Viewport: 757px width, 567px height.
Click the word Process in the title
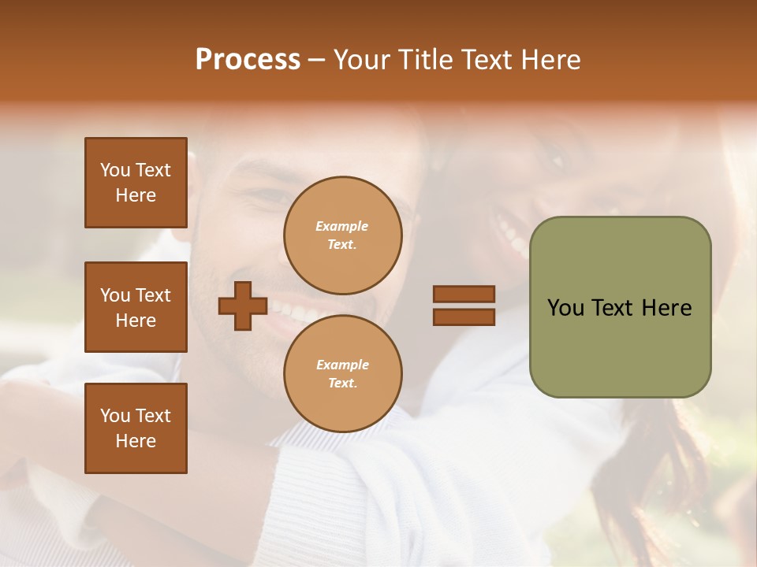point(248,59)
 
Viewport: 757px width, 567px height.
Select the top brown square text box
point(136,183)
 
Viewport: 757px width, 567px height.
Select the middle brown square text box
point(136,307)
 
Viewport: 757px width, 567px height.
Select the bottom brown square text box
point(136,428)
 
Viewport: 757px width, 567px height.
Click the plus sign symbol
point(243,306)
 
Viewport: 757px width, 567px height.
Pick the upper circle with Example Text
point(343,235)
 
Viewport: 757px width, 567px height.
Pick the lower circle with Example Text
point(343,374)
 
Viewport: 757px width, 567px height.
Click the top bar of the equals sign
point(464,294)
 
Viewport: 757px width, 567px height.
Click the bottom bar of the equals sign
point(464,317)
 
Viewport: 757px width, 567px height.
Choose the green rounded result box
point(620,306)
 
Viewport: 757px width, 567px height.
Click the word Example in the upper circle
point(342,226)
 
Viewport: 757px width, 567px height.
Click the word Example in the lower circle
point(342,365)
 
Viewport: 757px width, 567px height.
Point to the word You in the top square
point(115,170)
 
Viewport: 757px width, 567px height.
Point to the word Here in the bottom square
point(136,441)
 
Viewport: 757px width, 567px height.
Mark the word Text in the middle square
point(153,295)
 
